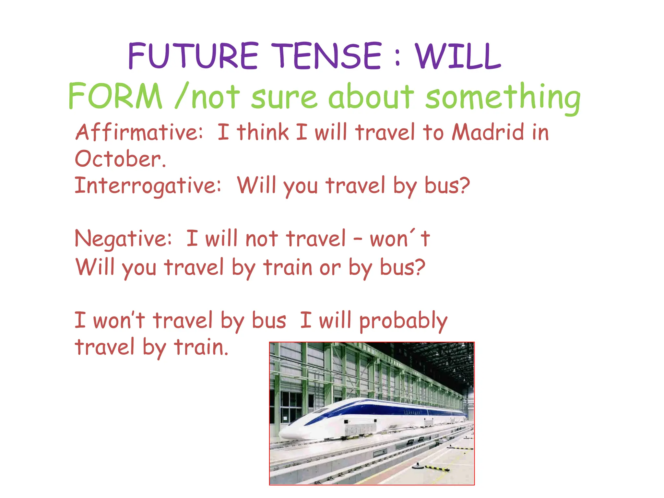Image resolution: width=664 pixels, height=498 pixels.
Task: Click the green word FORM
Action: click(x=115, y=96)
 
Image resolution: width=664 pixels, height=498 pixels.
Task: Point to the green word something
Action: click(x=503, y=97)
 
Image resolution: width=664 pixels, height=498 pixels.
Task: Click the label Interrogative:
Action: click(x=148, y=186)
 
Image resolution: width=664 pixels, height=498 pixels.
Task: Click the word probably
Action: click(x=403, y=321)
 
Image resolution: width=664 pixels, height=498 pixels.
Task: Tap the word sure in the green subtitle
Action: click(x=284, y=97)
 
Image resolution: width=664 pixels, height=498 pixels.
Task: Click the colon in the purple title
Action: click(x=398, y=57)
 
